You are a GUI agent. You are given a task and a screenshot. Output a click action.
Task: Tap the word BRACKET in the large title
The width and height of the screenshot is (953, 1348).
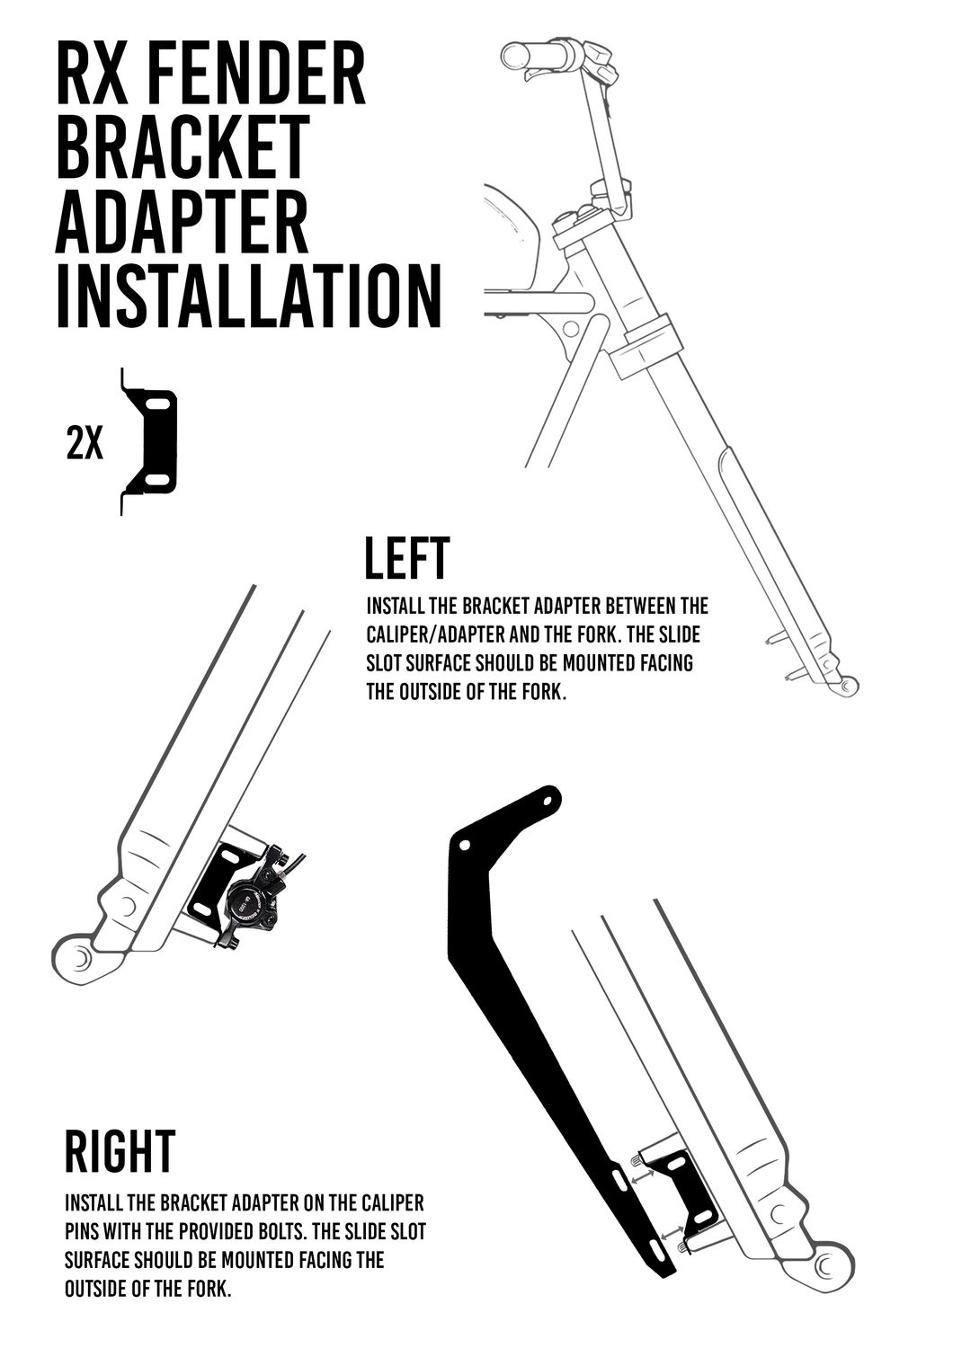pos(183,146)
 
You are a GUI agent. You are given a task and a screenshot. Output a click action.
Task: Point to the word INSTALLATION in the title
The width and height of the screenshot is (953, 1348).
pos(249,295)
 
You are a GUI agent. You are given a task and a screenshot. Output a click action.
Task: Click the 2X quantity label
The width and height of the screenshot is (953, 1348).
pos(85,446)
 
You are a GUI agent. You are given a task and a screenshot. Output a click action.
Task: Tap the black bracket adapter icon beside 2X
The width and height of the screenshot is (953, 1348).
pos(148,441)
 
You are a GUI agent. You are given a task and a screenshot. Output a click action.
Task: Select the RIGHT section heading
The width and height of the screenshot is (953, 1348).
pos(120,1150)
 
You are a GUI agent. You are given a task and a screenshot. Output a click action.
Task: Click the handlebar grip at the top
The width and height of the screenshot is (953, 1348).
pos(533,56)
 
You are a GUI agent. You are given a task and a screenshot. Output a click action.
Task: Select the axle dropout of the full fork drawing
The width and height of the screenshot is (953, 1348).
pos(847,684)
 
